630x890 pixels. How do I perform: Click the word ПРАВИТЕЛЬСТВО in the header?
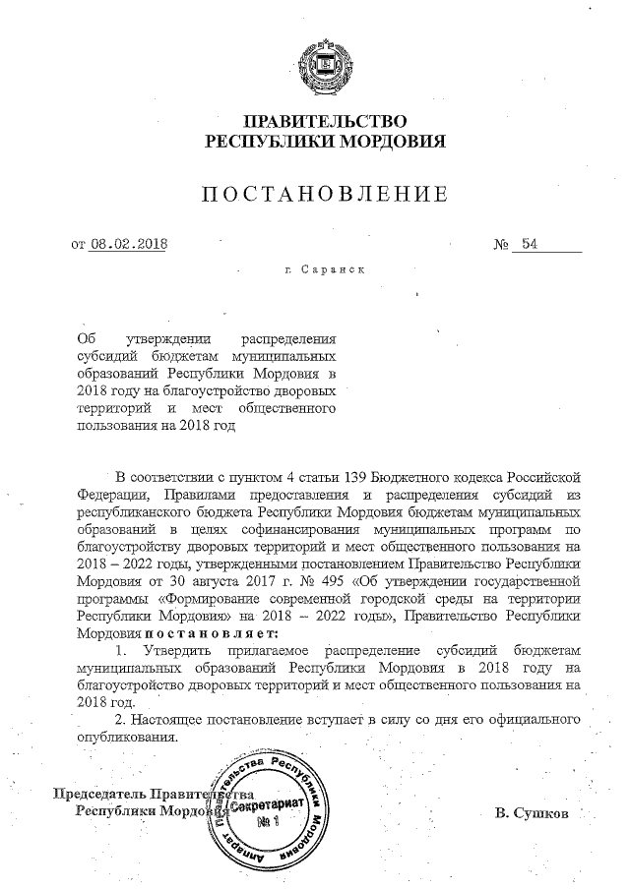324,121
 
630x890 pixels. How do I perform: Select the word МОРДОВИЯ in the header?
393,141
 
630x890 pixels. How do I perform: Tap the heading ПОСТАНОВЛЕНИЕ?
325,194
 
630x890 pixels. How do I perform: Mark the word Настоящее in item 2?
179,722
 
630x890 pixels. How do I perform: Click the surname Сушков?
532,814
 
